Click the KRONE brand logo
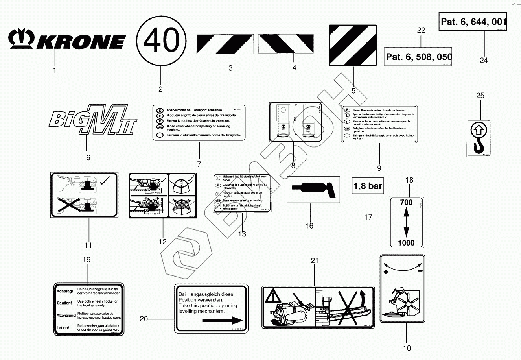click(67, 41)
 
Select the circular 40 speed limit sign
click(161, 41)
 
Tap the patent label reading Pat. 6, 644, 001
click(473, 21)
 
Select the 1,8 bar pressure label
click(368, 186)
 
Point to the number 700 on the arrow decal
click(406, 202)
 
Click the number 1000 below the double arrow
click(406, 243)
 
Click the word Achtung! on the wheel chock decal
click(64, 291)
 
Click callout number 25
click(480, 96)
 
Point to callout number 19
click(87, 260)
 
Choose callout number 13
click(242, 234)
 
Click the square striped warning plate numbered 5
click(353, 46)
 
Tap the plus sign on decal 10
click(386, 272)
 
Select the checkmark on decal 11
click(105, 182)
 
